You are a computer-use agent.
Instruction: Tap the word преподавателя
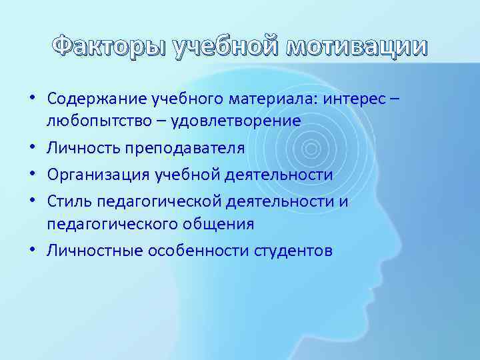click(179, 148)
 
